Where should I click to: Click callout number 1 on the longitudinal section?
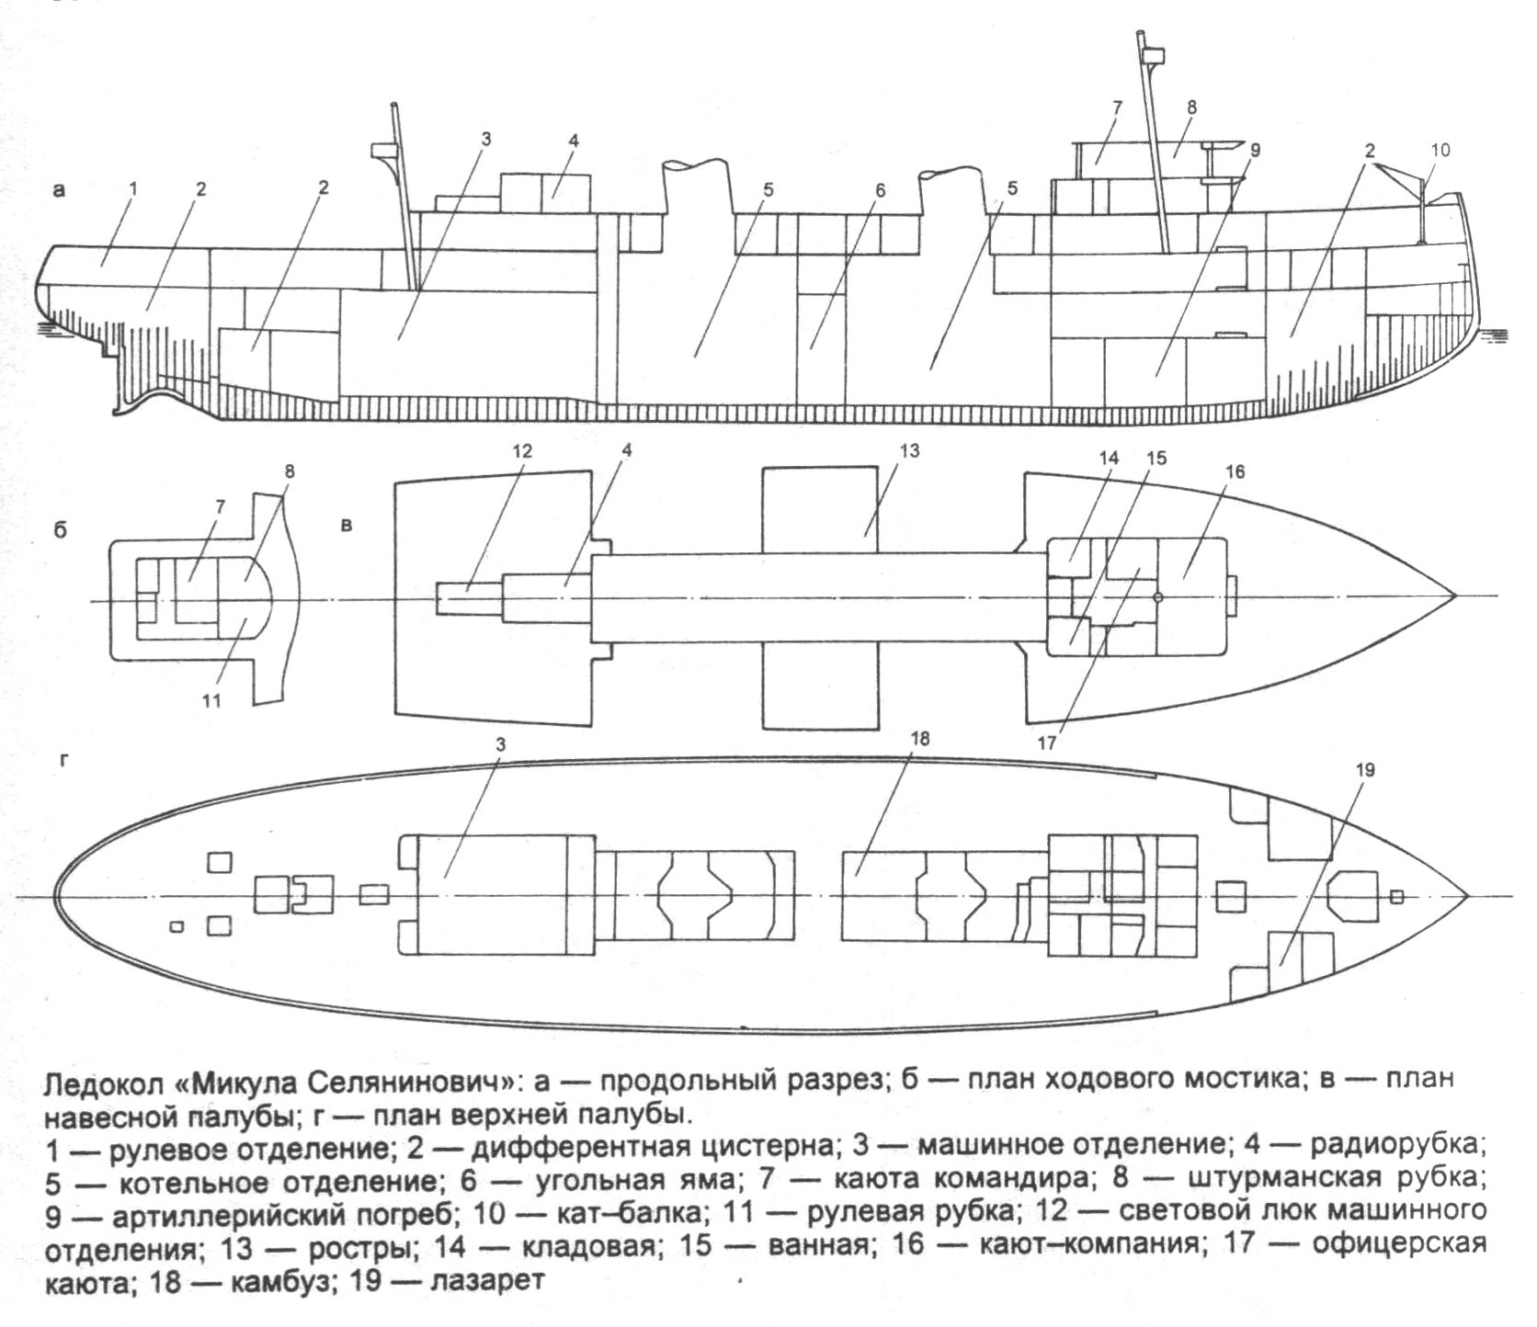[x=133, y=187]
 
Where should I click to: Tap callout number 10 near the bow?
[x=1440, y=149]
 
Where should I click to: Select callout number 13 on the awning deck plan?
[x=910, y=451]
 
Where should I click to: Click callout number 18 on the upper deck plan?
[x=922, y=738]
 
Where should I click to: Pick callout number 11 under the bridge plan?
[x=212, y=701]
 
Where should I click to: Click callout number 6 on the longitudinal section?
[x=880, y=190]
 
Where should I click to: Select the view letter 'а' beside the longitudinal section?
[x=61, y=190]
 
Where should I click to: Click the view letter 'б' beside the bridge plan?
[x=61, y=531]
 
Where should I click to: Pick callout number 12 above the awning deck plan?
[x=522, y=451]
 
